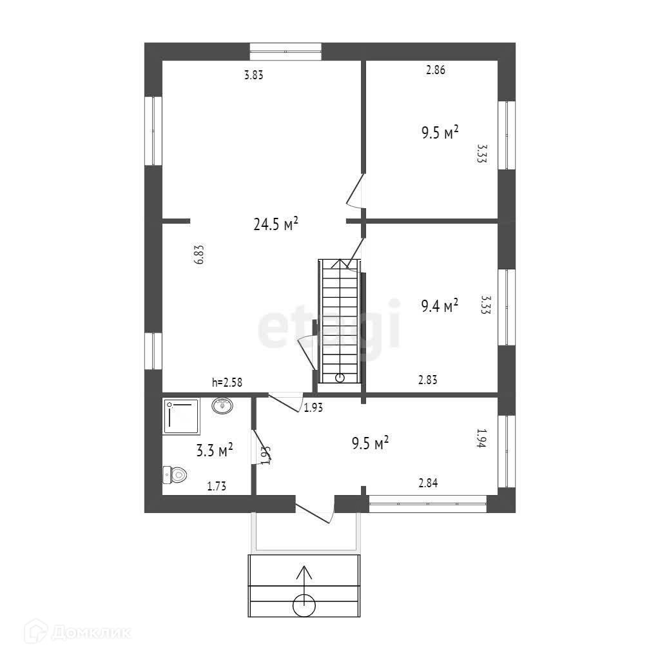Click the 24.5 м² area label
276,224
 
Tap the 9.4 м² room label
440,306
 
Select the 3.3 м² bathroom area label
214,450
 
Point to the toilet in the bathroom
175,475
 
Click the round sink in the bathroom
222,406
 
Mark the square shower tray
181,417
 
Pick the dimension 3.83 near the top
254,75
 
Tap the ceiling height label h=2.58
227,382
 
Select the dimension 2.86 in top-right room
436,70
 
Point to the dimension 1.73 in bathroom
217,486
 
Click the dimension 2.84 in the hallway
428,483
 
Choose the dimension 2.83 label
428,380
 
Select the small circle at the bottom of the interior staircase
340,378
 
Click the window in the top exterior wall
286,52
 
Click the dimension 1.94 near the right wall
481,438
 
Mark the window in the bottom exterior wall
428,504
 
